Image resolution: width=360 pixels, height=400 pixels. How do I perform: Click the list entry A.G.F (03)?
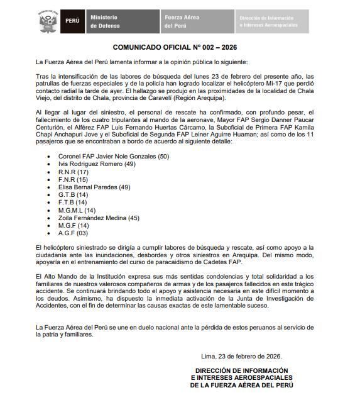pos(73,233)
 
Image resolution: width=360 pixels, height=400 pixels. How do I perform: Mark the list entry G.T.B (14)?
pos(73,194)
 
